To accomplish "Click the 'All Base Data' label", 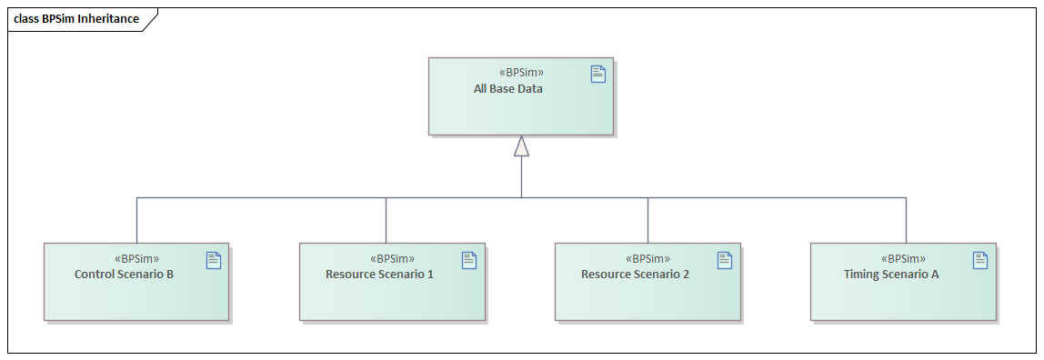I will point(507,89).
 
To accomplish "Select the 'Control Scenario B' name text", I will point(124,274).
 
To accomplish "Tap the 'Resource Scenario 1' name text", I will point(379,274).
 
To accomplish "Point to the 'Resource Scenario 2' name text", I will point(635,274).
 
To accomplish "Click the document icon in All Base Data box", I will point(598,75).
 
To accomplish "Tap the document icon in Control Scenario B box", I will point(214,260).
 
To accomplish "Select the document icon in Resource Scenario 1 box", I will point(469,260).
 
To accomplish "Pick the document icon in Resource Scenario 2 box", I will point(725,260).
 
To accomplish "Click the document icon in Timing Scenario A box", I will point(980,260).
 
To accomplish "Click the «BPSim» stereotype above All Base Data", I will point(522,73).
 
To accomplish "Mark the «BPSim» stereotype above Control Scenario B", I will point(137,258).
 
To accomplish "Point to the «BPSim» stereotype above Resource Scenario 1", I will point(393,258).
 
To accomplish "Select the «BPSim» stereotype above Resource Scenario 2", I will point(648,258).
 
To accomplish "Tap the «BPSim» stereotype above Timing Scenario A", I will point(904,258).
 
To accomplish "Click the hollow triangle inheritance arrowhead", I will point(521,146).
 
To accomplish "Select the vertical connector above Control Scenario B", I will point(137,220).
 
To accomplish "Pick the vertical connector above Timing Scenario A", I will point(906,220).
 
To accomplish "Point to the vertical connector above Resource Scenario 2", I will point(648,220).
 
